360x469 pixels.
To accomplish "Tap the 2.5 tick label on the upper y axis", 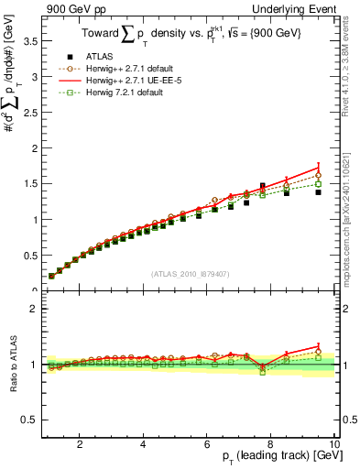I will point(27,113).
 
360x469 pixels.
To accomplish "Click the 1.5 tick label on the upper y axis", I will point(27,184).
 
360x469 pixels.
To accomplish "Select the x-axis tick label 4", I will point(143,444).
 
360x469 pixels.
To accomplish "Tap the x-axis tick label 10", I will point(333,444).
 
